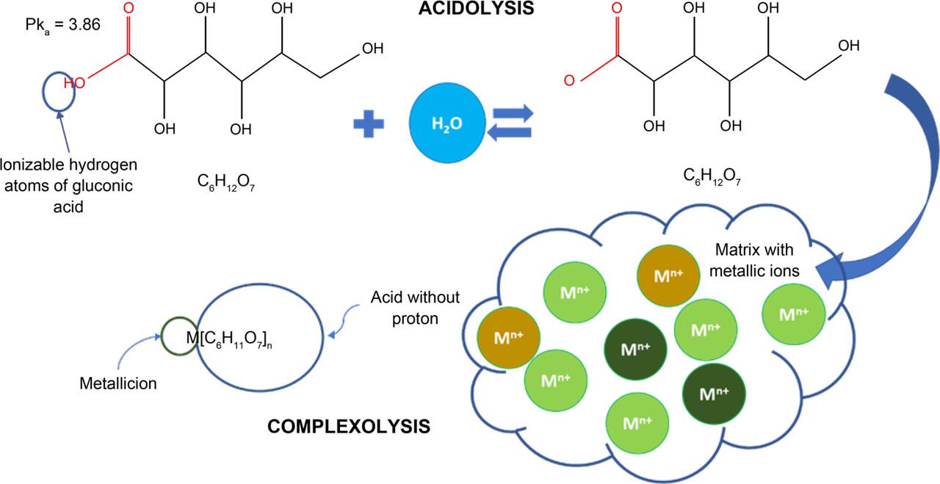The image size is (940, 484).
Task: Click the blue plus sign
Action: (x=369, y=124)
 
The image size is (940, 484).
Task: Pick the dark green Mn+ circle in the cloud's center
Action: (x=635, y=350)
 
